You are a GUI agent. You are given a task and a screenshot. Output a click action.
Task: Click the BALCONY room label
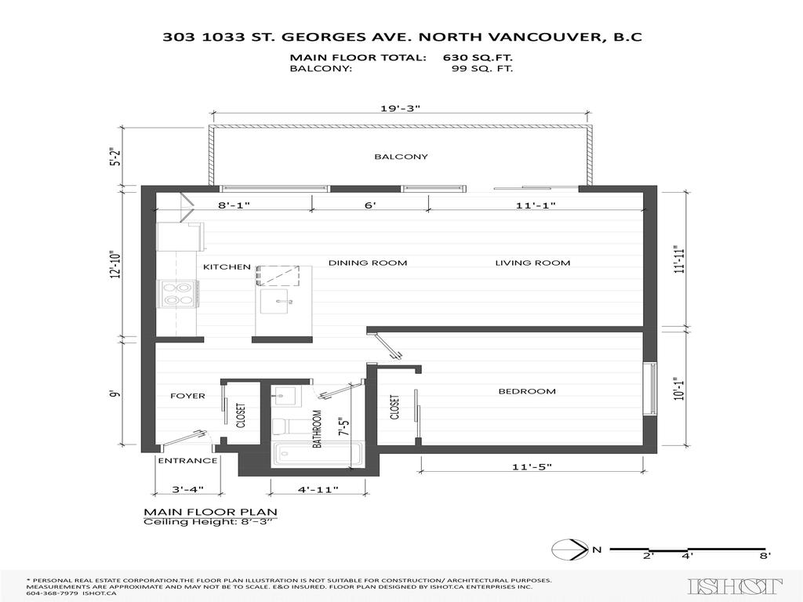(401, 157)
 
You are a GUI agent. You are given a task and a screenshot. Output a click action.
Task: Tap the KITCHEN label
(227, 267)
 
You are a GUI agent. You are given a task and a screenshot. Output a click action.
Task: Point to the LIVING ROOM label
(532, 263)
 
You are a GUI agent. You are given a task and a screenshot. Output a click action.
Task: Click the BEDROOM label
(527, 391)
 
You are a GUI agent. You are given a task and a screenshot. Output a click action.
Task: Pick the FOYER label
(187, 396)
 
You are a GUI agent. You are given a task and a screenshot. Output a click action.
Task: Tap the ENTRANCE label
(187, 461)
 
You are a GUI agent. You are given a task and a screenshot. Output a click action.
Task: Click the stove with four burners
(177, 293)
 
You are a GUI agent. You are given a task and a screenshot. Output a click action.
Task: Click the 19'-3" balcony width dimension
(401, 110)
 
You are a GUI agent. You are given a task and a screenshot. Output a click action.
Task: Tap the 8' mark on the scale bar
(764, 555)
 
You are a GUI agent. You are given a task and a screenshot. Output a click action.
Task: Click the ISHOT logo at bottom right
(735, 586)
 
